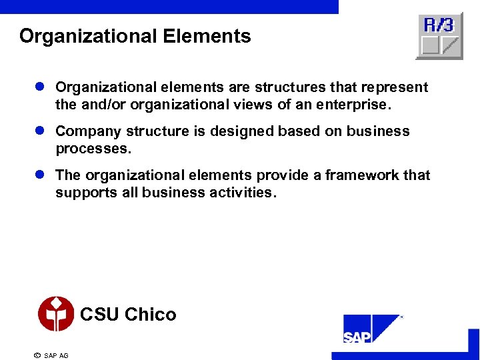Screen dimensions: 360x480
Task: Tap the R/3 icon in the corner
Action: pyautogui.click(x=439, y=36)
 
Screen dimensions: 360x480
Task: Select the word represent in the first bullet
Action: pyautogui.click(x=394, y=87)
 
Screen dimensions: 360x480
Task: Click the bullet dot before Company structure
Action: pyautogui.click(x=39, y=131)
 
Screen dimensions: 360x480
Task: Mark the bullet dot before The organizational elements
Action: pyautogui.click(x=39, y=175)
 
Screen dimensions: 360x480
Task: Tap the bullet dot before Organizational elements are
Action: pyautogui.click(x=39, y=87)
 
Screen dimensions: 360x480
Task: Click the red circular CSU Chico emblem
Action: pyautogui.click(x=56, y=314)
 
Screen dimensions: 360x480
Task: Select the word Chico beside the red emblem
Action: pyautogui.click(x=151, y=315)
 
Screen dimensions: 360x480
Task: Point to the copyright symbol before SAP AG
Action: pyautogui.click(x=37, y=355)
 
